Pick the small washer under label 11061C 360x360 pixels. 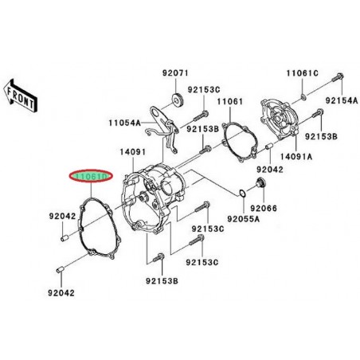point(307,98)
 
